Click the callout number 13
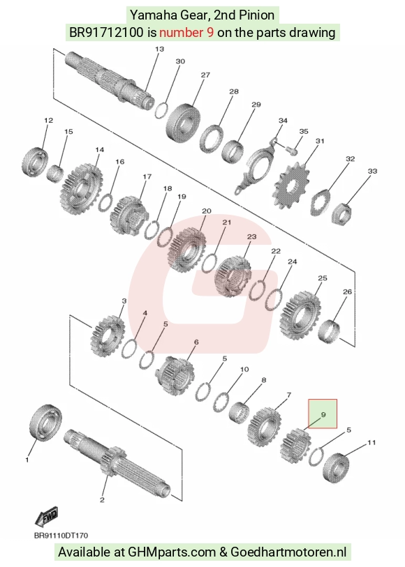tap(159, 49)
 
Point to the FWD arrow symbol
tap(46, 517)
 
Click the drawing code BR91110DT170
tap(61, 536)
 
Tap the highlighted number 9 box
tap(323, 414)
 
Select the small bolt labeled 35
tap(290, 149)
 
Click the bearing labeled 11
tap(335, 467)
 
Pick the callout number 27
tap(205, 75)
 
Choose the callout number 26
tap(347, 292)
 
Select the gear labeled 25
tap(300, 316)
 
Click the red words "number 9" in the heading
tap(186, 33)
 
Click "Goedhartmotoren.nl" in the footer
tap(288, 552)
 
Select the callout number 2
tap(102, 500)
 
